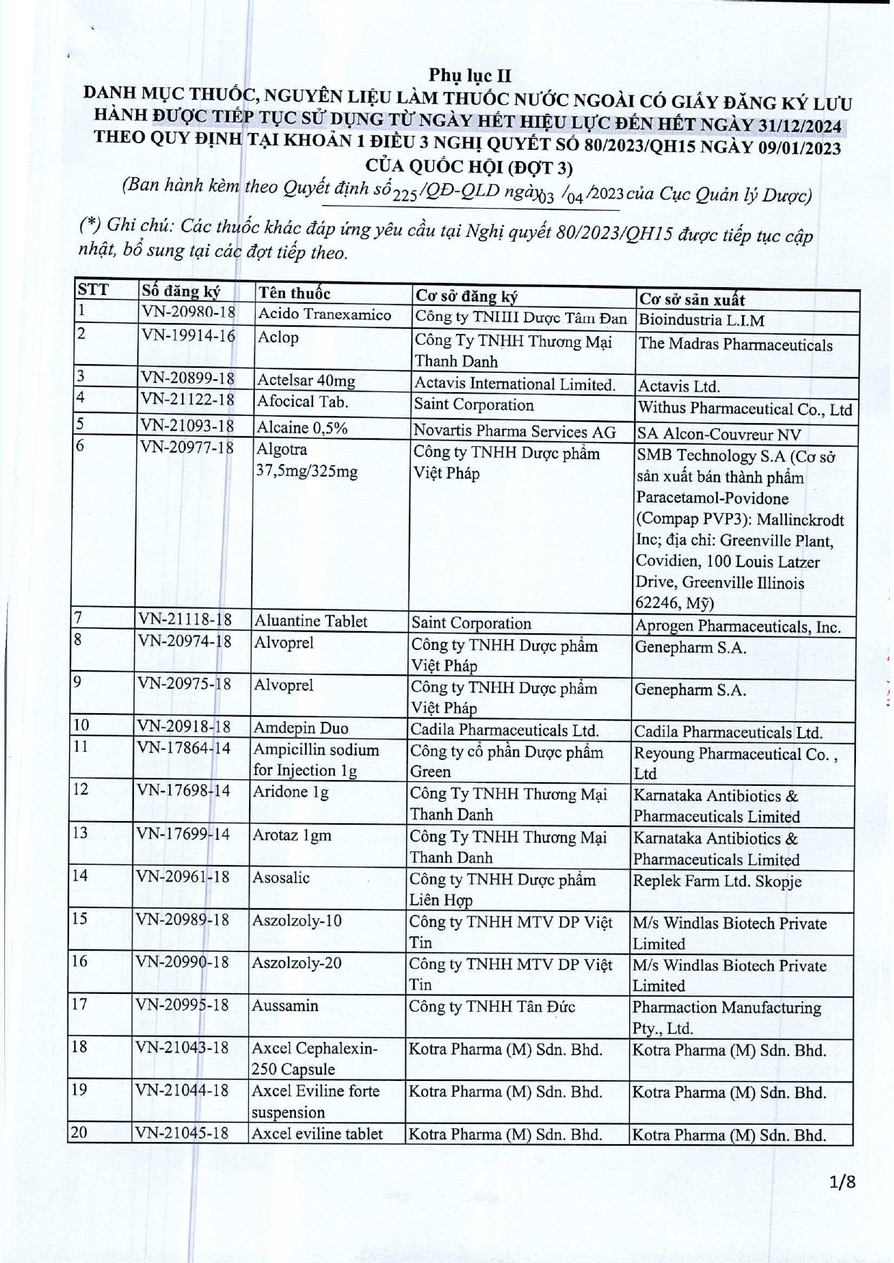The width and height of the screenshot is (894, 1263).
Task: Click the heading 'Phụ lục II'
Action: point(470,76)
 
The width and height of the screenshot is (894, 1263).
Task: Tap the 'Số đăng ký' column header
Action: point(181,291)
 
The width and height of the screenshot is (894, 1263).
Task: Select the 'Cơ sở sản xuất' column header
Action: point(692,299)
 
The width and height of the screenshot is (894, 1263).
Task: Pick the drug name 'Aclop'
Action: point(278,338)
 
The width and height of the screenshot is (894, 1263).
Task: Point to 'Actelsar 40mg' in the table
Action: point(306,380)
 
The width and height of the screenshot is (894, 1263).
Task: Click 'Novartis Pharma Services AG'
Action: point(514,431)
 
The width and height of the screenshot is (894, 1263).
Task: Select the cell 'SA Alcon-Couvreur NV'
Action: point(719,434)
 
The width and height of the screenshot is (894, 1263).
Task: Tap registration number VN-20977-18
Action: point(186,448)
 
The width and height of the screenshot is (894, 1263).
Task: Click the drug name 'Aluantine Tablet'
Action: point(310,621)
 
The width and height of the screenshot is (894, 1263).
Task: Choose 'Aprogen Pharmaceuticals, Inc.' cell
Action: point(737,626)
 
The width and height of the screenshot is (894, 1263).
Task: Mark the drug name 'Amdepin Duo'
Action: point(300,728)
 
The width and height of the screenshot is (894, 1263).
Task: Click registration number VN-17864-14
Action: point(184,748)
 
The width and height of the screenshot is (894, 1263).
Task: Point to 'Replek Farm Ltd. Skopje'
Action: point(716,881)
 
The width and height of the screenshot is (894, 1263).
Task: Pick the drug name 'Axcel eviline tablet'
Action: point(317,1133)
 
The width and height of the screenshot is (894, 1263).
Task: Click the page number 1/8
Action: point(841,1201)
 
